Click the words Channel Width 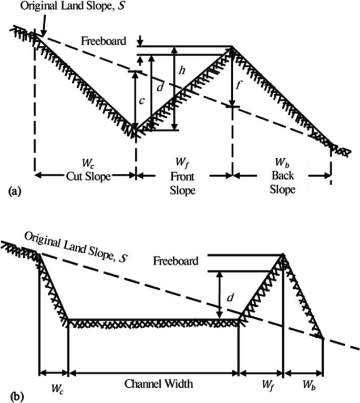click(158, 384)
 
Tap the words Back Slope click(282, 183)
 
